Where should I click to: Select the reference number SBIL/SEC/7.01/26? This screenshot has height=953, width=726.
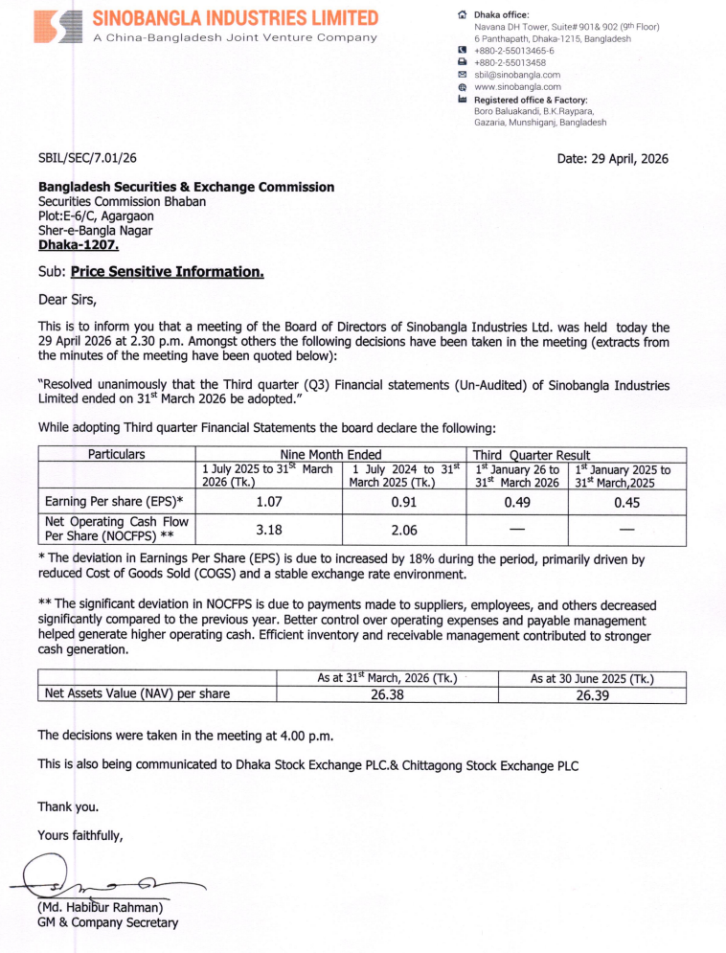pyautogui.click(x=87, y=158)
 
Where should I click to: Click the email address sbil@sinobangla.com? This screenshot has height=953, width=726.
pyautogui.click(x=517, y=74)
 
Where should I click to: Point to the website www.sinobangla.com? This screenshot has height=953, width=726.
pyautogui.click(x=517, y=86)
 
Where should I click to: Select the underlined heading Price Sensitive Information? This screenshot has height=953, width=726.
pyautogui.click(x=167, y=272)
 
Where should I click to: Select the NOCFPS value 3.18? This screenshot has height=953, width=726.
pyautogui.click(x=268, y=529)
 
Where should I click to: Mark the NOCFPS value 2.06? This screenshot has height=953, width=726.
pyautogui.click(x=403, y=529)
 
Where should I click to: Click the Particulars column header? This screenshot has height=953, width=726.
pyautogui.click(x=117, y=454)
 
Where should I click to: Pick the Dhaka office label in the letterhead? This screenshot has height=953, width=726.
pyautogui.click(x=501, y=15)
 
